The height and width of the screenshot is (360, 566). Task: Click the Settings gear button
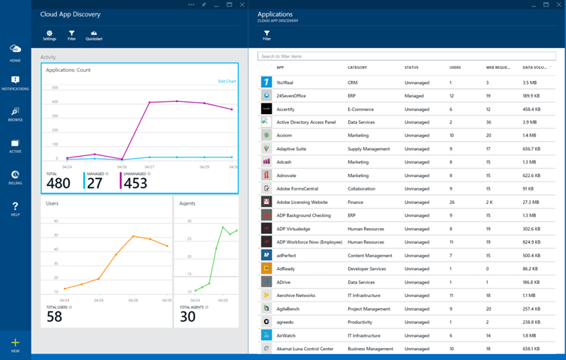click(x=50, y=34)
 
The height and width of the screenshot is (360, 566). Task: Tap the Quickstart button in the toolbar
click(x=94, y=34)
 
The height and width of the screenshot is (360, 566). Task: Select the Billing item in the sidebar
click(x=15, y=177)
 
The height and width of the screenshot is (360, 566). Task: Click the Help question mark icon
click(x=15, y=208)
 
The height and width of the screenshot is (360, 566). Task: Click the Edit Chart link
click(x=227, y=81)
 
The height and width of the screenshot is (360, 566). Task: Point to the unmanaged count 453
click(x=135, y=183)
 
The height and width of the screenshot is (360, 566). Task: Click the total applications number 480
click(x=58, y=183)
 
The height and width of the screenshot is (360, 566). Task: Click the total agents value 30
click(x=188, y=316)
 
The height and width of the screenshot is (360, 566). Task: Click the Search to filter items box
click(x=409, y=56)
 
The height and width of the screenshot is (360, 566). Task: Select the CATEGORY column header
click(x=357, y=67)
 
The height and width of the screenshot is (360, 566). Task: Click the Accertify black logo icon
click(x=266, y=109)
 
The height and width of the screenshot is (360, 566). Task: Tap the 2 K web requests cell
click(x=490, y=202)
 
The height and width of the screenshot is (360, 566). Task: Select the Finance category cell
click(x=357, y=202)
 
